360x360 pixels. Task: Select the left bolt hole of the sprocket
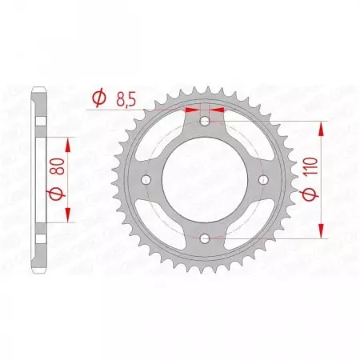pyautogui.click(x=147, y=179)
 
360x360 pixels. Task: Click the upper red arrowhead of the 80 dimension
pyautogui.click(x=68, y=143)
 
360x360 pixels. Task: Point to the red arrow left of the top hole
pyautogui.click(x=192, y=110)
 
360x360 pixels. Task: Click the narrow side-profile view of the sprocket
pyautogui.click(x=38, y=179)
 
